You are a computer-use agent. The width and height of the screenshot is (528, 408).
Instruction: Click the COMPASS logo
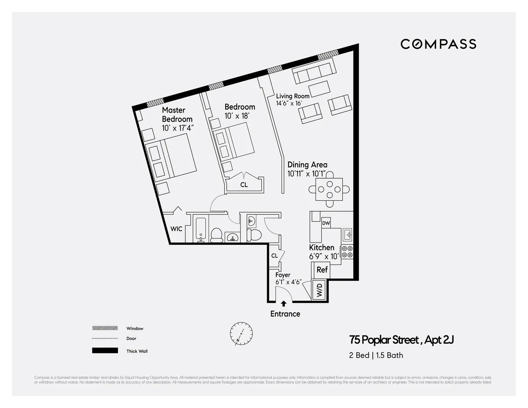(x=438, y=44)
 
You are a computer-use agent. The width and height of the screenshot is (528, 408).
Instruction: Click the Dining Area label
(x=307, y=165)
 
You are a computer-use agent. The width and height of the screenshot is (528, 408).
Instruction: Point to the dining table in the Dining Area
(x=330, y=190)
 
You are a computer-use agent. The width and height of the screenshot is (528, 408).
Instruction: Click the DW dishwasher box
(x=326, y=223)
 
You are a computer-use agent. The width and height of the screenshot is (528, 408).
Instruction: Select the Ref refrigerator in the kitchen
(x=322, y=270)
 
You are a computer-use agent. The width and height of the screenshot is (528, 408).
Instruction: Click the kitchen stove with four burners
(x=347, y=251)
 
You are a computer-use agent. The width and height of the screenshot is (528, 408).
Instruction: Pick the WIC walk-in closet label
(x=176, y=229)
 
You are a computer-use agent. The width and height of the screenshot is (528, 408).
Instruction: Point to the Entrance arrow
(x=284, y=303)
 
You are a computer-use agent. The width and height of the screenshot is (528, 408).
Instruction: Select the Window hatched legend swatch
(x=105, y=328)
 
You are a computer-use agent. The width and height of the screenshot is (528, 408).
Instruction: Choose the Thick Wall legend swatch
(x=105, y=351)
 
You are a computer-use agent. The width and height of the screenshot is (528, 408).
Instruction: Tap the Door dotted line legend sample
(x=105, y=338)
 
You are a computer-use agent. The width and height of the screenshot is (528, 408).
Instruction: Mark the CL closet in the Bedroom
(x=244, y=185)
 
